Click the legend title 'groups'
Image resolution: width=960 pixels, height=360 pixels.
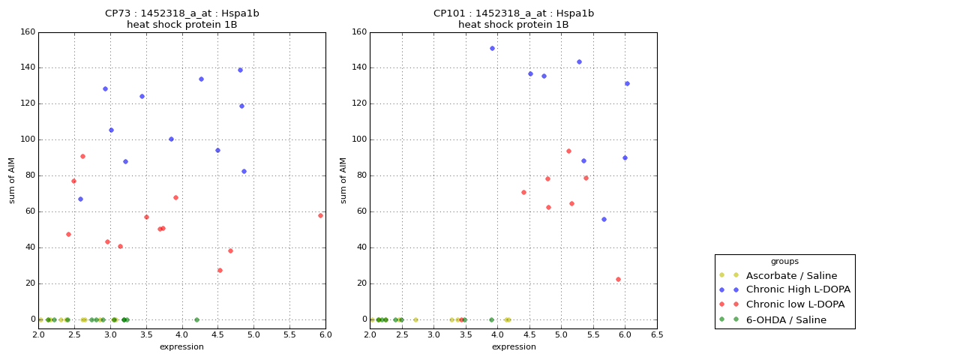click(784, 262)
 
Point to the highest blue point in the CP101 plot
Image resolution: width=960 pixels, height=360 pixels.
click(492, 48)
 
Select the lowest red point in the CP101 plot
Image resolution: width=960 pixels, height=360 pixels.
click(618, 279)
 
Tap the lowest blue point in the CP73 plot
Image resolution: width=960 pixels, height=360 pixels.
click(80, 199)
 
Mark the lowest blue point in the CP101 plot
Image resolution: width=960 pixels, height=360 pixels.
click(604, 219)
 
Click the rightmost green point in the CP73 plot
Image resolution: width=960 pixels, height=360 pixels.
click(196, 319)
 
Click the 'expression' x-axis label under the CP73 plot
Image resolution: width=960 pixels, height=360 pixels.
click(181, 346)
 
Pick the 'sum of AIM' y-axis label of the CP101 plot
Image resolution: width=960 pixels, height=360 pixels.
click(343, 180)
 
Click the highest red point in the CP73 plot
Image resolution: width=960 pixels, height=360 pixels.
click(82, 156)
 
